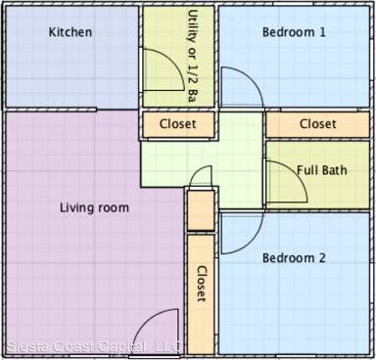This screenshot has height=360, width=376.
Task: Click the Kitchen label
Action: pos(70,32)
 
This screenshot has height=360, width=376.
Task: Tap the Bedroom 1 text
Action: pos(295,32)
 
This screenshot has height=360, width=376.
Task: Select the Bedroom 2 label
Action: pos(295,258)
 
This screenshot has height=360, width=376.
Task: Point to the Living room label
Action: pos(94,207)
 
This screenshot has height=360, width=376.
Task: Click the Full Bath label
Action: pos(322,169)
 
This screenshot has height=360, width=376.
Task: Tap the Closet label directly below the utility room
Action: pos(177,124)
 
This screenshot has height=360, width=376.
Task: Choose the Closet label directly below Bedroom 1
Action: pos(317,124)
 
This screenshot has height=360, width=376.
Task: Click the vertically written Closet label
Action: pos(202,284)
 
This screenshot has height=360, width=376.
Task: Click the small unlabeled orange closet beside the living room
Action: pos(200,210)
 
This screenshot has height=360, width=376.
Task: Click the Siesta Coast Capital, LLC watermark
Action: pos(79,346)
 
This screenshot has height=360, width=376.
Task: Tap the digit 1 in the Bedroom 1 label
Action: pos(323,32)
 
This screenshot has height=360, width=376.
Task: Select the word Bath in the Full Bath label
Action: pos(335,169)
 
